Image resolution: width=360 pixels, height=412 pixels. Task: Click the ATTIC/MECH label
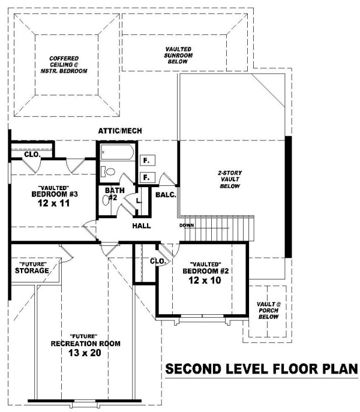120,131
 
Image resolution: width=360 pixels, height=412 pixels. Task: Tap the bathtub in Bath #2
117,152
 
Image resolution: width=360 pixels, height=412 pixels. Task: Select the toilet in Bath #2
108,172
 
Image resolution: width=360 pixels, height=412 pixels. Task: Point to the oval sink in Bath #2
106,200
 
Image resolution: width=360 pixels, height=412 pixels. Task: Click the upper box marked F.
148,160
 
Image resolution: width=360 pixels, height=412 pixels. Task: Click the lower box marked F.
148,178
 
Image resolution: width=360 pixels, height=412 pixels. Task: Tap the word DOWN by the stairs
187,225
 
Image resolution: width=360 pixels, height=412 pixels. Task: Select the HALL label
142,225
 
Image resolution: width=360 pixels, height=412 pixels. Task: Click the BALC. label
166,195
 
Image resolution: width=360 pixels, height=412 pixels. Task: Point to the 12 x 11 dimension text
54,203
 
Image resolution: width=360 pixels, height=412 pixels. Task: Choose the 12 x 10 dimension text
205,280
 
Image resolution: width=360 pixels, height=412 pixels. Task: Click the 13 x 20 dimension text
85,353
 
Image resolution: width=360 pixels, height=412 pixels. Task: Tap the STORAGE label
32,270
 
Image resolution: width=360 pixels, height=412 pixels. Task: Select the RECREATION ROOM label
85,344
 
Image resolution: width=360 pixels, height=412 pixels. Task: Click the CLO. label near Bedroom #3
32,155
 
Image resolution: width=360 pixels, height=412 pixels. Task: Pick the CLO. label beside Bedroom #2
158,261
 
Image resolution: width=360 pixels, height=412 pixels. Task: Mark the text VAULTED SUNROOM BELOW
178,55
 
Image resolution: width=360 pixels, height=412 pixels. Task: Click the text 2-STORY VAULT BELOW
230,179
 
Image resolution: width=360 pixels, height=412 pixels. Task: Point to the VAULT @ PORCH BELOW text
268,310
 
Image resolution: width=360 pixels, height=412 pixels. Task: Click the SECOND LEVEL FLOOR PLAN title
262,369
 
